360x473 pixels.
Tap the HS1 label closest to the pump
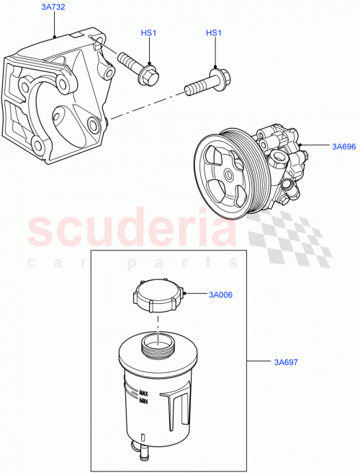(x=214, y=33)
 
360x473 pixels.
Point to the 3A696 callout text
(x=344, y=146)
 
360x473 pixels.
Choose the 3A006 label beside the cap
(x=221, y=294)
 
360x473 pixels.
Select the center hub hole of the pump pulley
(x=227, y=173)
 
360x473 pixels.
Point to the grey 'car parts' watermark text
(x=130, y=263)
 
